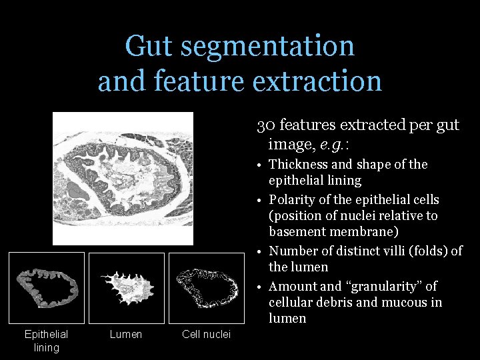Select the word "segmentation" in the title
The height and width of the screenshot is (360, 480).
tap(267, 47)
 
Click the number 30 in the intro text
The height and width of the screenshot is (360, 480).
tap(264, 125)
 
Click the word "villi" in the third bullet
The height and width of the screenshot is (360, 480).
tap(396, 251)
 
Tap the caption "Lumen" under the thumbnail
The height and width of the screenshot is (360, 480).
tap(126, 334)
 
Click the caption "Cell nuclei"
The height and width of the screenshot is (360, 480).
tap(206, 334)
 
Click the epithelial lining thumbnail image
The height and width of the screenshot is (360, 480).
tap(46, 287)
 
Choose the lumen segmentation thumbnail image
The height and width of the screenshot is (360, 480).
tap(126, 287)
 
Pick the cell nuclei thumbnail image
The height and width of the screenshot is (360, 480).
tap(206, 287)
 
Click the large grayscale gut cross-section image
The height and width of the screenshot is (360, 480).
tap(123, 178)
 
